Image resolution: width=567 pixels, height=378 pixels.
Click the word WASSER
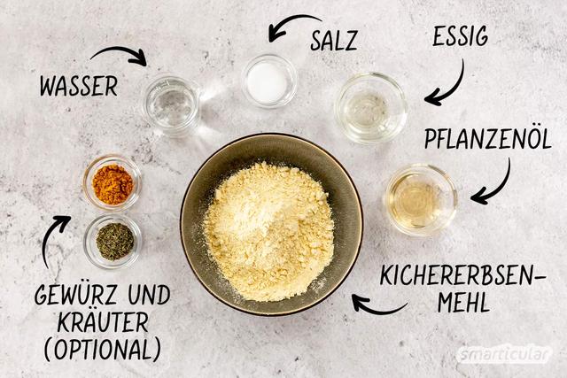pyautogui.click(x=79, y=86)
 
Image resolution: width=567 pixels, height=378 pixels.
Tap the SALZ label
pyautogui.click(x=334, y=41)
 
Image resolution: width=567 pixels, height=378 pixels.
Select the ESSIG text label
pyautogui.click(x=461, y=36)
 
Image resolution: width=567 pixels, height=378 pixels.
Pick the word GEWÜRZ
pyautogui.click(x=79, y=295)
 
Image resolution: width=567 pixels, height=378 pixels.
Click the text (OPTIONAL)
pyautogui.click(x=103, y=349)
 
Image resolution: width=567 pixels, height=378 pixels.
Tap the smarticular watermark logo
pyautogui.click(x=504, y=354)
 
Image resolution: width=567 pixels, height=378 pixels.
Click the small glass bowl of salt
pyautogui.click(x=269, y=81)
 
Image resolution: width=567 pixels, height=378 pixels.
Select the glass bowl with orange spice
pyautogui.click(x=113, y=183)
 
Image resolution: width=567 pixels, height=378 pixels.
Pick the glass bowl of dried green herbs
pyautogui.click(x=113, y=242)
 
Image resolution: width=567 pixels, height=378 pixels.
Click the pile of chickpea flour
pyautogui.click(x=268, y=232)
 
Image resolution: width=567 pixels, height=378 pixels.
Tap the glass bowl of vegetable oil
pyautogui.click(x=421, y=199)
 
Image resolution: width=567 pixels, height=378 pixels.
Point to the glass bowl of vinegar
pyautogui.click(x=371, y=108)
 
